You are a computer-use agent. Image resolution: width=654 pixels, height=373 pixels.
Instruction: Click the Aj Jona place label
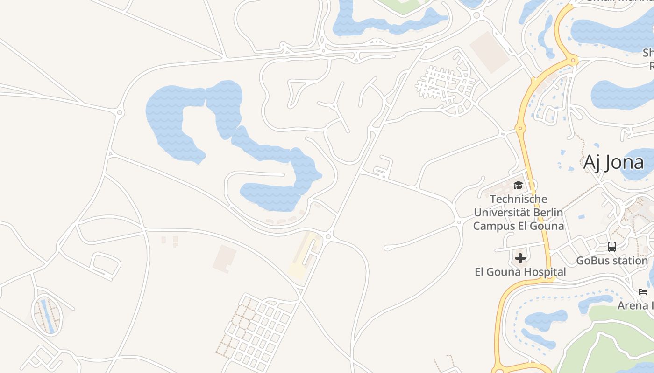coord(613,163)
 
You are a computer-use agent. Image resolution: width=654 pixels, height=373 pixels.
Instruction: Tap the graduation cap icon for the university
coord(518,186)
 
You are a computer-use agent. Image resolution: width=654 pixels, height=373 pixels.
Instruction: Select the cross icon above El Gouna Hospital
coord(520,258)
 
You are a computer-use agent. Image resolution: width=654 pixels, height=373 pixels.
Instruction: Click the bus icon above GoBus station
coord(612,247)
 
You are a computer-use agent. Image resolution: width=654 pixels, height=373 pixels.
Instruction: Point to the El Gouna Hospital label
coord(520,272)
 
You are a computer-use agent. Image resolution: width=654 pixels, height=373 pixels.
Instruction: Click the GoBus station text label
coord(612,261)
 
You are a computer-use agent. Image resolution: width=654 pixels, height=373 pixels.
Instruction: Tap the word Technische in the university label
coord(519,199)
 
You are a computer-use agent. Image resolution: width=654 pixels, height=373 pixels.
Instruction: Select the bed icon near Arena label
coord(643,292)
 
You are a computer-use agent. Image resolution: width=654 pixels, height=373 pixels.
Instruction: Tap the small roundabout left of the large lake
coord(120,112)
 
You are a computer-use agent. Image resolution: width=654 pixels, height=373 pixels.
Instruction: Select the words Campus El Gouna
coord(519,226)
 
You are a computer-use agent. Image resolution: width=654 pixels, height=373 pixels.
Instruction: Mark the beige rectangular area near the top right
coord(489,52)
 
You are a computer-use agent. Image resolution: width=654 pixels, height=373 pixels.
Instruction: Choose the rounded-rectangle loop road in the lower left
coord(105,266)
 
